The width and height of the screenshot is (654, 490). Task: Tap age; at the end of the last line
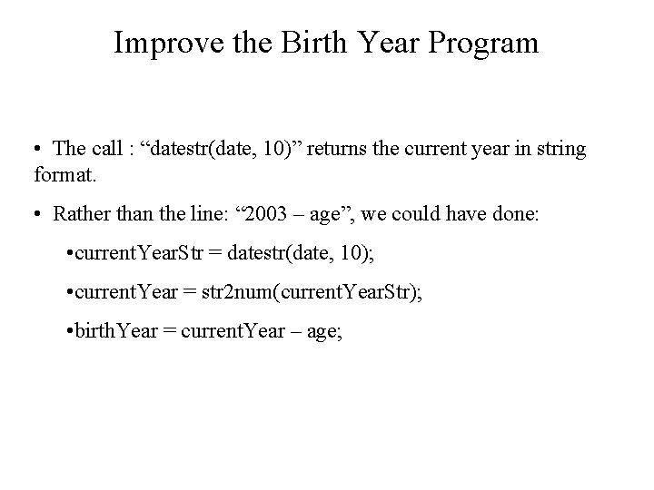pos(326,329)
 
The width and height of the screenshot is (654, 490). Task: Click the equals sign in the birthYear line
pos(170,329)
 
